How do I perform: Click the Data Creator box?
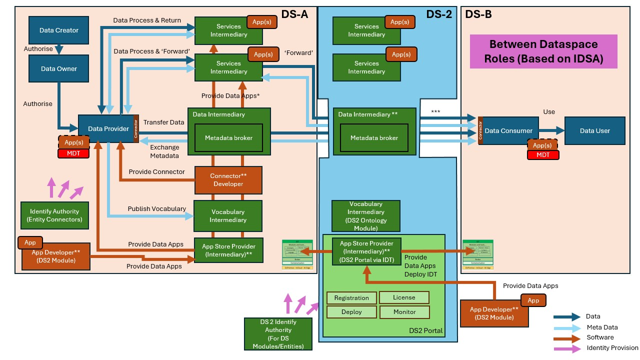(x=59, y=30)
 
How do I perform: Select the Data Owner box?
(x=59, y=68)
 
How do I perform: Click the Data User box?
(x=594, y=130)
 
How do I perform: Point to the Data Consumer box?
(x=508, y=130)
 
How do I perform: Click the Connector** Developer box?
(x=228, y=180)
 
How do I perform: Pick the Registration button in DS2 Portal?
(x=351, y=298)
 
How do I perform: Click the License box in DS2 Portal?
(x=404, y=297)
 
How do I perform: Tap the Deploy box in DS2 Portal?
(x=351, y=312)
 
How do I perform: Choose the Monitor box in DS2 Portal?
(x=404, y=312)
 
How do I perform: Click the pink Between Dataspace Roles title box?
(x=543, y=51)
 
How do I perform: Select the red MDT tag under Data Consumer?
(x=543, y=155)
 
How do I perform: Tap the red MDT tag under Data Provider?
(x=73, y=153)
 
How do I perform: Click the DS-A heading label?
(x=294, y=14)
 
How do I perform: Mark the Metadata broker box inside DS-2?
(x=374, y=138)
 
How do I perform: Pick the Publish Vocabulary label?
(x=157, y=208)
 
